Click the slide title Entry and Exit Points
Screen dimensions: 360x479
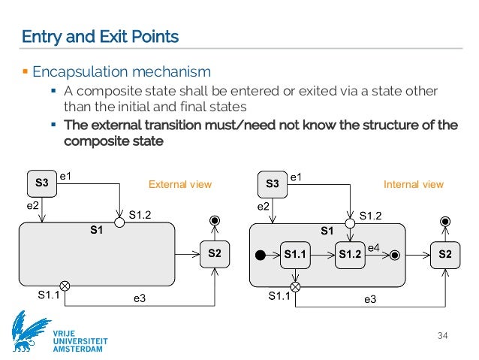(x=100, y=36)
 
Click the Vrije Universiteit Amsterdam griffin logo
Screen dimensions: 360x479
(x=31, y=331)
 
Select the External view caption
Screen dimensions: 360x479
(x=181, y=184)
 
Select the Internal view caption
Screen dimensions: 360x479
(x=413, y=184)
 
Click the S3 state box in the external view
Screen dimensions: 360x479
(x=42, y=183)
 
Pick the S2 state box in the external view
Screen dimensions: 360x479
(x=214, y=255)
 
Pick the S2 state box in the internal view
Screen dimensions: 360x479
(x=444, y=255)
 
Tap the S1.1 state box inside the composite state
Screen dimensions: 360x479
(x=295, y=256)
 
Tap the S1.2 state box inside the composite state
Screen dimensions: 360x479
(x=349, y=256)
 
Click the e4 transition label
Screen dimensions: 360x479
(x=373, y=247)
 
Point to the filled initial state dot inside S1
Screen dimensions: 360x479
(x=261, y=256)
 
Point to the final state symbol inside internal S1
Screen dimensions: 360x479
(x=395, y=256)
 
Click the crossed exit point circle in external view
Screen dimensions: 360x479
(x=65, y=286)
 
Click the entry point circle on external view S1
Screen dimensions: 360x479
(x=119, y=223)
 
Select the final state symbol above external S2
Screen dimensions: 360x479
(x=215, y=220)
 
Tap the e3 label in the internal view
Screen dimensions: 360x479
(x=370, y=299)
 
